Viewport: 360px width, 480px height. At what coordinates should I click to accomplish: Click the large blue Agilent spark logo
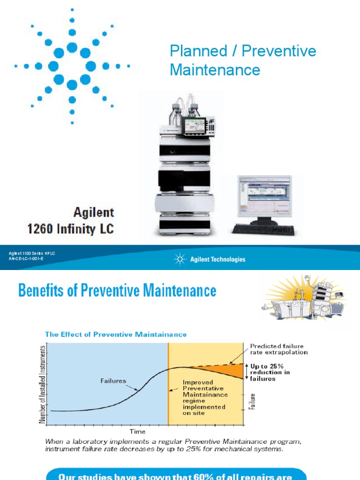(x=72, y=66)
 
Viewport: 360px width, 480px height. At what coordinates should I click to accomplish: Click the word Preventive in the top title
(x=283, y=52)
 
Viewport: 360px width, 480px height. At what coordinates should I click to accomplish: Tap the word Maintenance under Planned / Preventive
(x=215, y=70)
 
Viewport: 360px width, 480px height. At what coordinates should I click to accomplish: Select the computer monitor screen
(x=264, y=196)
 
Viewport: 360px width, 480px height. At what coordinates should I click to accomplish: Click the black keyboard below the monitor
(x=263, y=230)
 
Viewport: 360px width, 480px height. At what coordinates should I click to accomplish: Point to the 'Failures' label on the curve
(x=113, y=381)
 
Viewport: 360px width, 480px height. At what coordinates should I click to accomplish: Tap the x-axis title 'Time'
(x=137, y=431)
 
